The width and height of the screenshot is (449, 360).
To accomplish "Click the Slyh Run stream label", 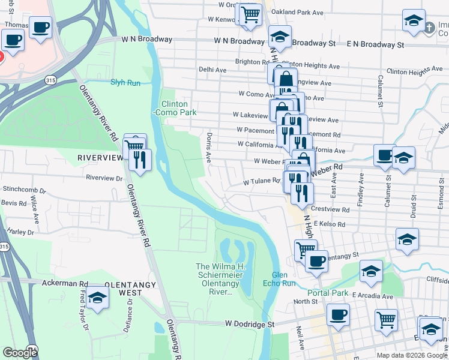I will tap(125, 82).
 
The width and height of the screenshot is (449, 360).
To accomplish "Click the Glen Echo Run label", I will tap(280, 278).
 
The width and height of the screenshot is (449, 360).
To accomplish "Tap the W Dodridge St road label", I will tap(250, 323).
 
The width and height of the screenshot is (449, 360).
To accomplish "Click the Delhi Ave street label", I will tap(212, 70).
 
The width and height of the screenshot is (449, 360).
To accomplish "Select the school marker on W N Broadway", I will tap(280, 37).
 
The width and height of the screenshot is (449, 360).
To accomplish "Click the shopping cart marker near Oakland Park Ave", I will tap(250, 14).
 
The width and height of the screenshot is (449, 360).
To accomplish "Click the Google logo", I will tap(20, 353).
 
